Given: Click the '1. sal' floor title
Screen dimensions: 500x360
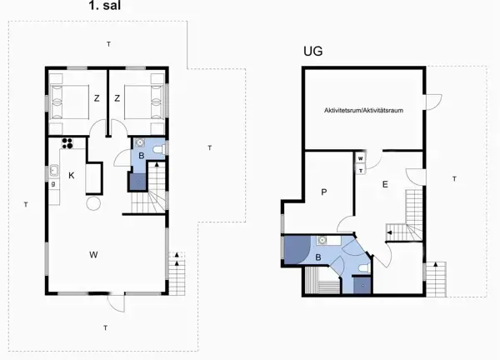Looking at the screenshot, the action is coord(105,6).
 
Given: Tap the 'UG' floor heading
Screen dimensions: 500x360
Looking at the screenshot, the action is coord(312,51).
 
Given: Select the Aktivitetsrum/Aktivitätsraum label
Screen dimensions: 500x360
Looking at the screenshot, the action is coord(363,110).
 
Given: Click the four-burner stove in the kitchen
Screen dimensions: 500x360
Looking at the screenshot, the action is coord(67,142).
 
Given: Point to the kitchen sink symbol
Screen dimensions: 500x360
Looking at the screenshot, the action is coord(53,171).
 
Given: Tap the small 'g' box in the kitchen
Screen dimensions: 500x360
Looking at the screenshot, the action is coord(53,183).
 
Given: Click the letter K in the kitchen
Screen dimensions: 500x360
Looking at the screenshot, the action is coord(72,175).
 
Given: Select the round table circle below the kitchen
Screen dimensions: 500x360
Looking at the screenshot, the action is coord(93,203).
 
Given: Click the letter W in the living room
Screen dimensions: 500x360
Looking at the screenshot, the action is coord(93,254).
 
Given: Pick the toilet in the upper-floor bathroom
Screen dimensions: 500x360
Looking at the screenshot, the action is coord(159,149).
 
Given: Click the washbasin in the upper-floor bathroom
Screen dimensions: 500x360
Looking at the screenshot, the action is coord(140,142).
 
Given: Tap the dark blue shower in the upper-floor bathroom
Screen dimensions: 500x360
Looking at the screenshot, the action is coord(137,182).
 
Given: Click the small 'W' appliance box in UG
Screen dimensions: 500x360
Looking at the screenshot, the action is coord(361,158).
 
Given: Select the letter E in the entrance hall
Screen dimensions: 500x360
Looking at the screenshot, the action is coord(385,184).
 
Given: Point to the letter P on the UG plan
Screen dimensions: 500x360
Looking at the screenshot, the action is coord(324,192).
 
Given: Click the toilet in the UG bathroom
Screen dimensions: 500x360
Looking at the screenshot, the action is coord(364,268).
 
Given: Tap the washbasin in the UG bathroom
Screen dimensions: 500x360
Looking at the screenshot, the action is coord(322,240).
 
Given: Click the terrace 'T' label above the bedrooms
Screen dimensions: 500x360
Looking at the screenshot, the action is coord(108,44).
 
